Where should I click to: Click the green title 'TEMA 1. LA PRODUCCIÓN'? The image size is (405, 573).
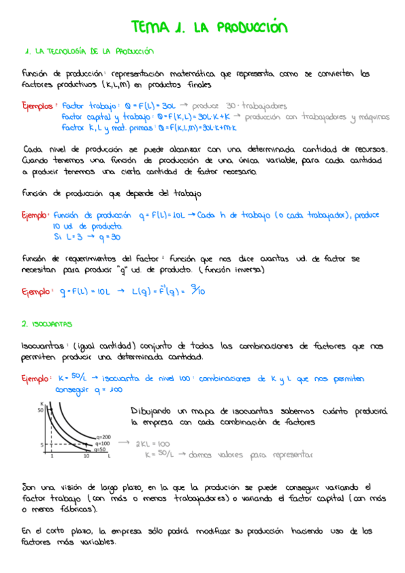click(210, 27)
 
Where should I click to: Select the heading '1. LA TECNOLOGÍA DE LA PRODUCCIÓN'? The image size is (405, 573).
click(88, 51)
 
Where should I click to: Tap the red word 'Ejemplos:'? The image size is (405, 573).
click(39, 106)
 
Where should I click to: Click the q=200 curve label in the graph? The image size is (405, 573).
click(104, 437)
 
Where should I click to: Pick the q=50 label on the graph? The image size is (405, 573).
click(101, 449)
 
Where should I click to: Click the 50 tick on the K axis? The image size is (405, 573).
click(40, 409)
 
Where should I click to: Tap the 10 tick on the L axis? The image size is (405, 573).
click(86, 457)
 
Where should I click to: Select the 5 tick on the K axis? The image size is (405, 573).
click(41, 445)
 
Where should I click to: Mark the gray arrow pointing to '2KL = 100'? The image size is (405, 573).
click(124, 443)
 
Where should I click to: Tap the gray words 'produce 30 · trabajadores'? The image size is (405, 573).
click(239, 106)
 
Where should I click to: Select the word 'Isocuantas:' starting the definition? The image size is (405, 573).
click(42, 346)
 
